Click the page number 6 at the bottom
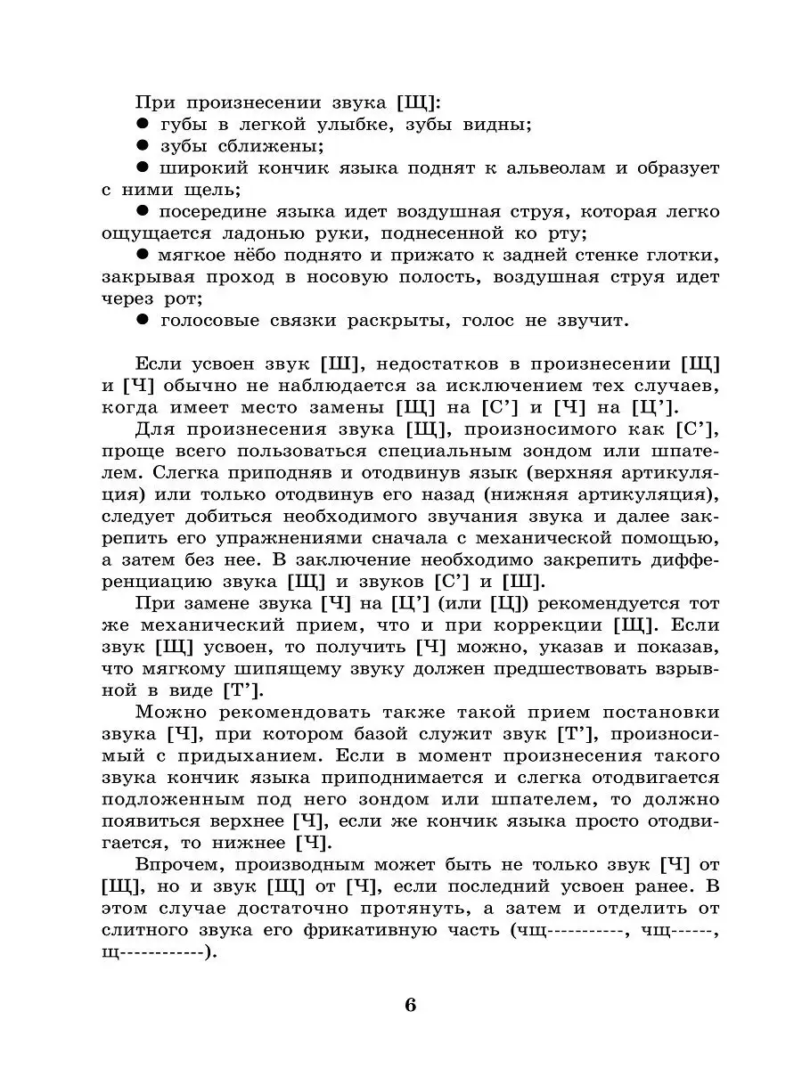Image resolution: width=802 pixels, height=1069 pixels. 410,1006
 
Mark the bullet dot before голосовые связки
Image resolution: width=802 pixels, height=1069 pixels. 141,320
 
